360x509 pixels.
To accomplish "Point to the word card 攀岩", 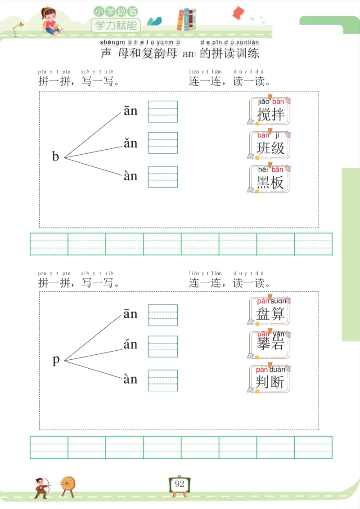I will (x=270, y=344).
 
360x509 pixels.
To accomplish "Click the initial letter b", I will (x=56, y=157).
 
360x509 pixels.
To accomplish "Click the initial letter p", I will (x=56, y=360).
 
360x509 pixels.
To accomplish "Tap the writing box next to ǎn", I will (x=163, y=143).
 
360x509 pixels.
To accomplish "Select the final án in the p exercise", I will (x=130, y=345).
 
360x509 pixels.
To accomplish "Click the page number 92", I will (x=180, y=484).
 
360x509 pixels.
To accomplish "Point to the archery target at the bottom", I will (x=68, y=484).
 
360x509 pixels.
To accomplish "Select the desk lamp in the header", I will (x=18, y=28).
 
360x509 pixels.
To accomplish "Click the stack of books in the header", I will (x=186, y=20).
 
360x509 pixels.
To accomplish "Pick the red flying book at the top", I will (x=238, y=13).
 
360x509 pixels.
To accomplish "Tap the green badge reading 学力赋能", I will (x=116, y=25).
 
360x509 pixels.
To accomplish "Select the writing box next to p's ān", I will (x=163, y=315).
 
